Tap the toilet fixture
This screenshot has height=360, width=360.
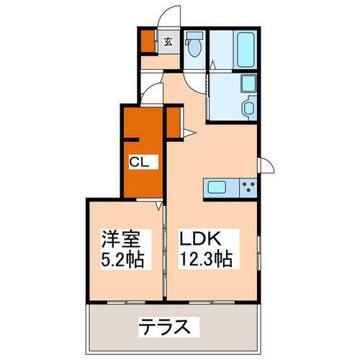click(194, 48)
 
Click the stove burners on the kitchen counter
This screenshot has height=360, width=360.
click(248, 189)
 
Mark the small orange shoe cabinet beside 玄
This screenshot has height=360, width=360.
click(148, 42)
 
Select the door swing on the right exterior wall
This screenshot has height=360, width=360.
click(266, 166)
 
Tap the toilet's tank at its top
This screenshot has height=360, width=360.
click(194, 37)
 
